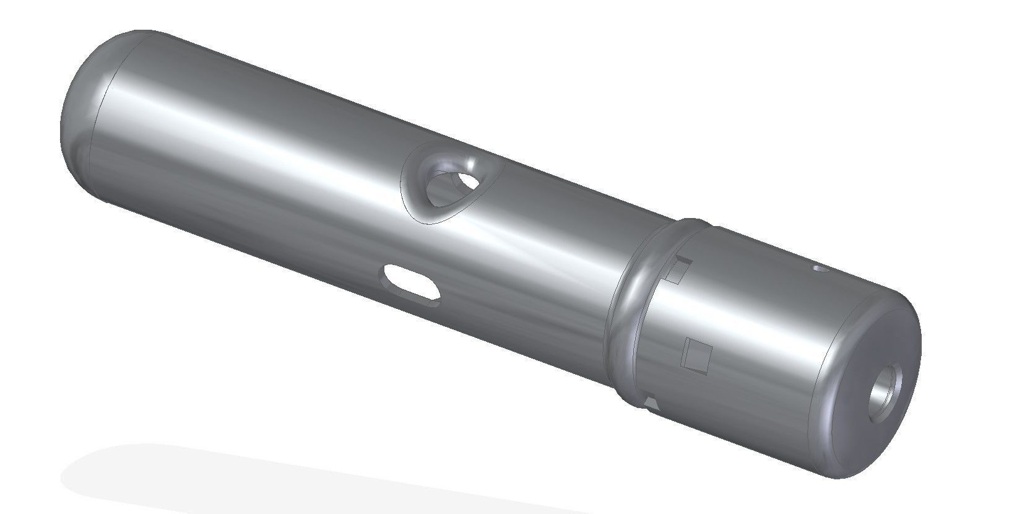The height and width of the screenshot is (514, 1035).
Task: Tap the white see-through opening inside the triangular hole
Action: pos(458,186)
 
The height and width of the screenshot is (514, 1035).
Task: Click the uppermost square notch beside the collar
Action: pos(678,270)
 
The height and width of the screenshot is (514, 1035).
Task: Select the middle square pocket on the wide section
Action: pos(696,356)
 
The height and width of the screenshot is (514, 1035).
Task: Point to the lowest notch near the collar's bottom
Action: pos(650,406)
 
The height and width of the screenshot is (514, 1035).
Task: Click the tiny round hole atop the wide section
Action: pos(820,269)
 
